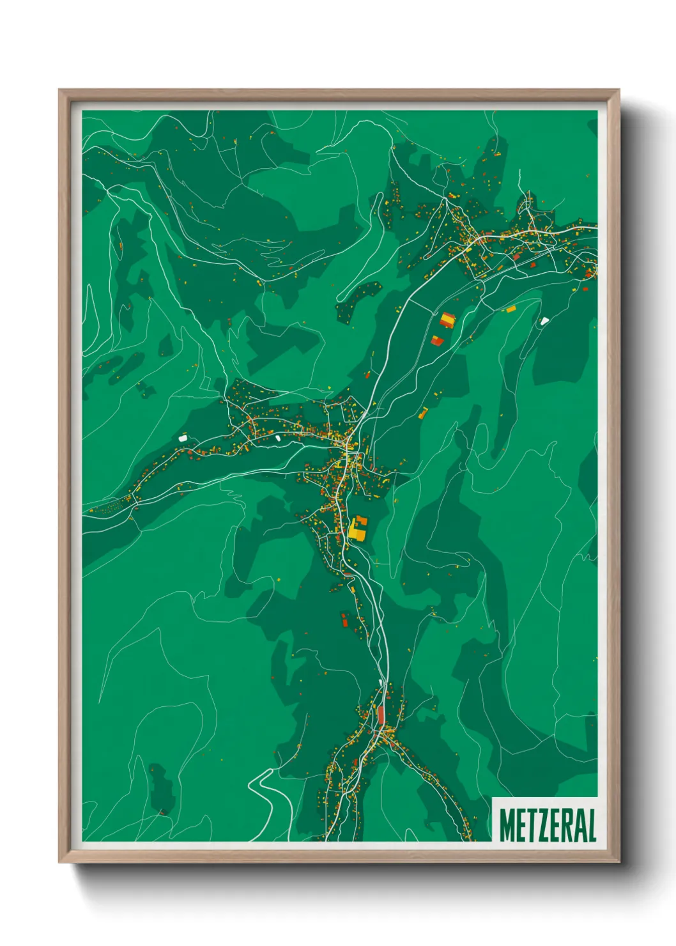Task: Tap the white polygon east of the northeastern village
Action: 544,321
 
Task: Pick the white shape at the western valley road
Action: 183,438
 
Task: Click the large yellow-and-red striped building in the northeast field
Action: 447,320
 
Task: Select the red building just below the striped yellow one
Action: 437,340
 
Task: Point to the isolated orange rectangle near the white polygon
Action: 511,309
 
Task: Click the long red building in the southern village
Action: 381,715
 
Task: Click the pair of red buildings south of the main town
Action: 344,619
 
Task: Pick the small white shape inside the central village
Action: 278,438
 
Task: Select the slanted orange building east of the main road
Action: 423,412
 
